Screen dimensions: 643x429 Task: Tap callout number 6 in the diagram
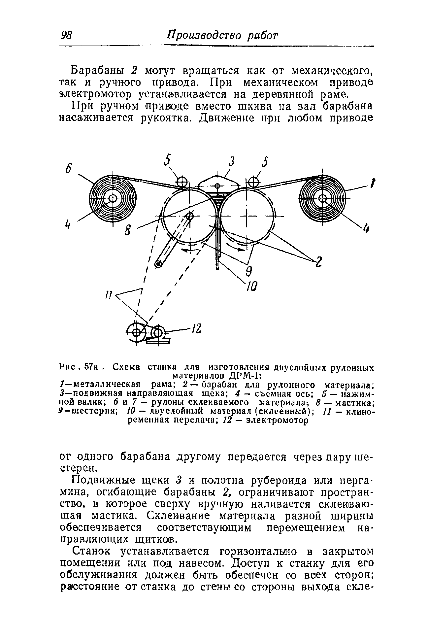tap(68, 167)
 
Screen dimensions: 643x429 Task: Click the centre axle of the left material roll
tap(113, 198)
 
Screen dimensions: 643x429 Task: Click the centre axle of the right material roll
tap(322, 198)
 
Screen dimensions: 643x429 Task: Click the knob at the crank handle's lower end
tap(158, 263)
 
